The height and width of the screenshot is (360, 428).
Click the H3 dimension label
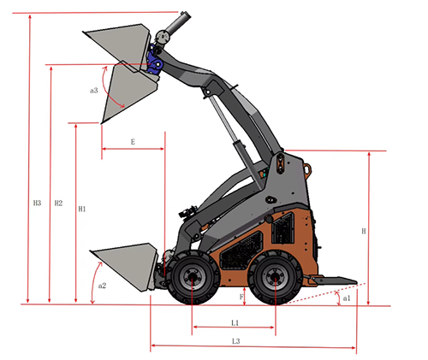point(37,203)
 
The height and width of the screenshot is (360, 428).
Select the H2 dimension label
point(58,203)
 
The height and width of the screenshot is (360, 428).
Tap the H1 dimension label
point(82,209)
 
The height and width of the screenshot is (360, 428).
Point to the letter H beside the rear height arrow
point(364,231)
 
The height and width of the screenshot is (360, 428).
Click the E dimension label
point(133,142)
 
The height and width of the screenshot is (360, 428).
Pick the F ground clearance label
point(241,297)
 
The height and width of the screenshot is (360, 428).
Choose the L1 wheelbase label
point(235,322)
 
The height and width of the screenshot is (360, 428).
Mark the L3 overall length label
point(236,341)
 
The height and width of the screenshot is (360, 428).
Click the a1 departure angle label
point(347,298)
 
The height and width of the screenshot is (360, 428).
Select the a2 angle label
point(102,286)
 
